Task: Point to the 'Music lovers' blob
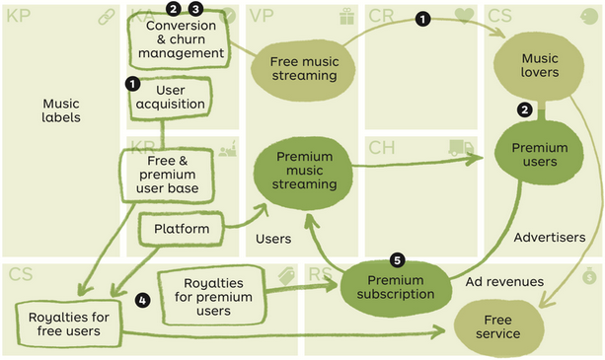[x=540, y=64]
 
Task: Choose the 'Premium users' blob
[x=540, y=155]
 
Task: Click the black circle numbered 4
[x=142, y=300]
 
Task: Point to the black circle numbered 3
[x=195, y=9]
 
